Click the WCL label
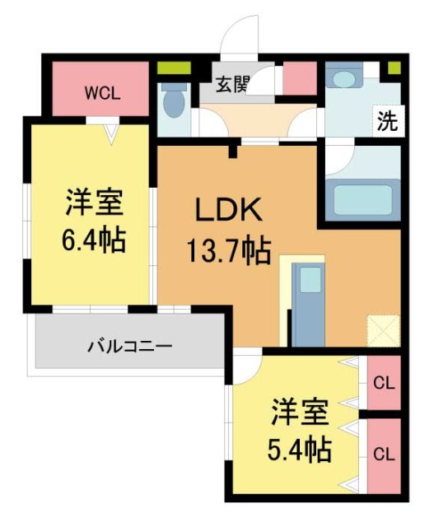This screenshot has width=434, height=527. (x=102, y=92)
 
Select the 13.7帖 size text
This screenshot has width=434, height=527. (x=228, y=250)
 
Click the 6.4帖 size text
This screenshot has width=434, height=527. (x=92, y=240)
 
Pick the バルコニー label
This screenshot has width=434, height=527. (x=130, y=346)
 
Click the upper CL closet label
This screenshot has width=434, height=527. (x=382, y=382)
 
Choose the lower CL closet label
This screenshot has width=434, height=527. (x=382, y=454)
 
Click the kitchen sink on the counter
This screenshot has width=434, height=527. (x=310, y=279)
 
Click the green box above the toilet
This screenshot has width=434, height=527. (x=174, y=68)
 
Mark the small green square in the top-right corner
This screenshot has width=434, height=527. (x=394, y=68)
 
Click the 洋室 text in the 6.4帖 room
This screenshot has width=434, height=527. (x=92, y=201)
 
